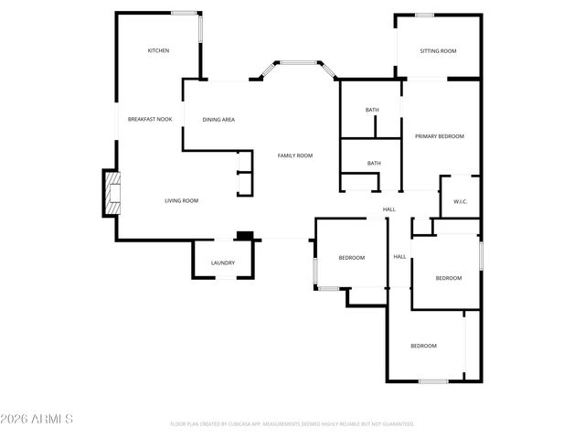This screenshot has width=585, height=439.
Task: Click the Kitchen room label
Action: tap(158, 50)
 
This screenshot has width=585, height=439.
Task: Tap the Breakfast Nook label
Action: tap(150, 119)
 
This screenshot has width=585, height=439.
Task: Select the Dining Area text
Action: tap(218, 120)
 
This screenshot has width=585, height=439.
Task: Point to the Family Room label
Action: tap(295, 155)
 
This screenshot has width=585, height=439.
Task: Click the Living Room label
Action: tap(181, 200)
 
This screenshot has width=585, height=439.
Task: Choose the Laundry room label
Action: tap(223, 263)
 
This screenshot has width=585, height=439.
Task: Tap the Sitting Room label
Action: tap(438, 51)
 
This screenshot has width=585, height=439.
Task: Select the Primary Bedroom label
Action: tap(440, 136)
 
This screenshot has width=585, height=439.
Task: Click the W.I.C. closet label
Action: tap(460, 202)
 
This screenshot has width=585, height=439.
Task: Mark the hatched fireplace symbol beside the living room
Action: tap(111, 193)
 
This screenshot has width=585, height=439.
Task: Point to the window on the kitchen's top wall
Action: tap(186, 13)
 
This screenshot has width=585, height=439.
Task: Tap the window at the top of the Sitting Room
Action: tap(424, 15)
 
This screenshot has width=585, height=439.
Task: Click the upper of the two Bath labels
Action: tap(372, 111)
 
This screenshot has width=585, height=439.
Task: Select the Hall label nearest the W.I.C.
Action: tap(389, 210)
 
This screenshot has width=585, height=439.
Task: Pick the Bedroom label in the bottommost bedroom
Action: tap(423, 346)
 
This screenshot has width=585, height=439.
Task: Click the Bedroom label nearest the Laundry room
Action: tap(352, 258)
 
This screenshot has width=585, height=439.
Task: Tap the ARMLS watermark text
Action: tap(37, 419)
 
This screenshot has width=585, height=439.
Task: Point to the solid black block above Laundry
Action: tap(244, 236)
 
